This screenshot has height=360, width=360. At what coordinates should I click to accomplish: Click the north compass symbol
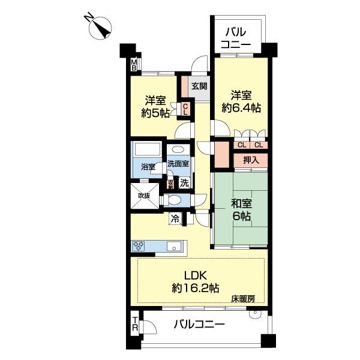100,28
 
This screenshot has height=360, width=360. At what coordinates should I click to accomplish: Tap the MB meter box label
134,65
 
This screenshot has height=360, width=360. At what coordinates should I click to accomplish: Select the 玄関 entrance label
199,86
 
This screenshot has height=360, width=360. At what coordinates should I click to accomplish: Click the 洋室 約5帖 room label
155,107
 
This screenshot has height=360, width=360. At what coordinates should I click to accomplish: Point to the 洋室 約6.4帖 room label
241,101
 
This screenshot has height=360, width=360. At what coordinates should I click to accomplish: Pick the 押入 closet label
251,160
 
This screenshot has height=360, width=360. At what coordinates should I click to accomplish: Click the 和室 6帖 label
242,210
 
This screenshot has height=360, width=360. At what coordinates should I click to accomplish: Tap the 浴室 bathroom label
148,167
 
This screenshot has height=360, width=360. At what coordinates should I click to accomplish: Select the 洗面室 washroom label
178,164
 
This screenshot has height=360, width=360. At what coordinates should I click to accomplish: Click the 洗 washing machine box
184,183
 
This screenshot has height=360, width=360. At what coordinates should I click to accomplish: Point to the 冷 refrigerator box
175,219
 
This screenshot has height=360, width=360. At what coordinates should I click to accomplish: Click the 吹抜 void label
144,196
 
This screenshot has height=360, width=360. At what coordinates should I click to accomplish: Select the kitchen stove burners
139,246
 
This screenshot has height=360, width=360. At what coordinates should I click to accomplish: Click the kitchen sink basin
174,247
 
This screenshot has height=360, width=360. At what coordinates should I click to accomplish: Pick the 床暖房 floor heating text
243,299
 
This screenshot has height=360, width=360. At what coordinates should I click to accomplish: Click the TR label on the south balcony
135,324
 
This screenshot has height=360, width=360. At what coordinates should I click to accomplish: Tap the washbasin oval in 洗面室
178,149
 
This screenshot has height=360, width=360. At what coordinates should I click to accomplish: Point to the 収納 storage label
170,184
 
